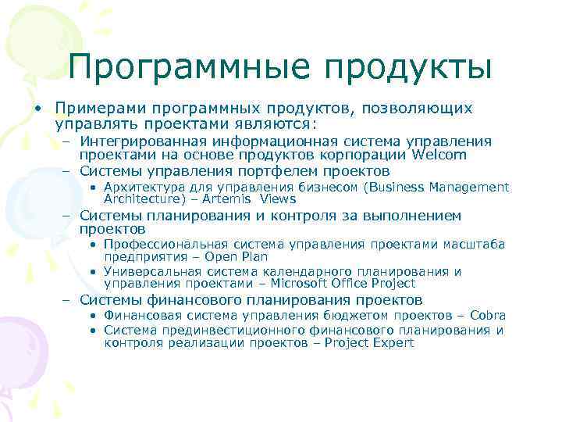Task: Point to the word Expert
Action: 390,343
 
